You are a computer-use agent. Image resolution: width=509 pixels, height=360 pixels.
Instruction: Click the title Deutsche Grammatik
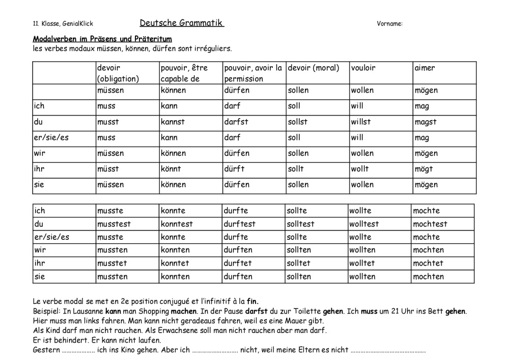[182, 23]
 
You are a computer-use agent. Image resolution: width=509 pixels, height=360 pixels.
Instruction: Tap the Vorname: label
[390, 23]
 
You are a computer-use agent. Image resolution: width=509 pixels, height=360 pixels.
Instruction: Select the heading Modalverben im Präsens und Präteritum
[102, 39]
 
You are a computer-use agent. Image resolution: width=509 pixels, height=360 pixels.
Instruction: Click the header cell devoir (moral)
[313, 68]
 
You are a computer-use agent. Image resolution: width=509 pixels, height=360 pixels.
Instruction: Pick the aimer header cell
[425, 68]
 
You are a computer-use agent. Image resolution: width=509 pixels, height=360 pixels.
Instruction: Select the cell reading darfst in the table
[237, 122]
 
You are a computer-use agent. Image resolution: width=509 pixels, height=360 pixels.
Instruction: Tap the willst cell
[361, 122]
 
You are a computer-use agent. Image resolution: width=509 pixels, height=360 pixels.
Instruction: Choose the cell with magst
[426, 122]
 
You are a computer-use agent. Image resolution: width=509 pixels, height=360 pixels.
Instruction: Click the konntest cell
[177, 224]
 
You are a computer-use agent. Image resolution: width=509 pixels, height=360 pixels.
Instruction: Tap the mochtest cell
[430, 224]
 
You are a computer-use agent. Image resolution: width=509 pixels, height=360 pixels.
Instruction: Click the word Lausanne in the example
[88, 311]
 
